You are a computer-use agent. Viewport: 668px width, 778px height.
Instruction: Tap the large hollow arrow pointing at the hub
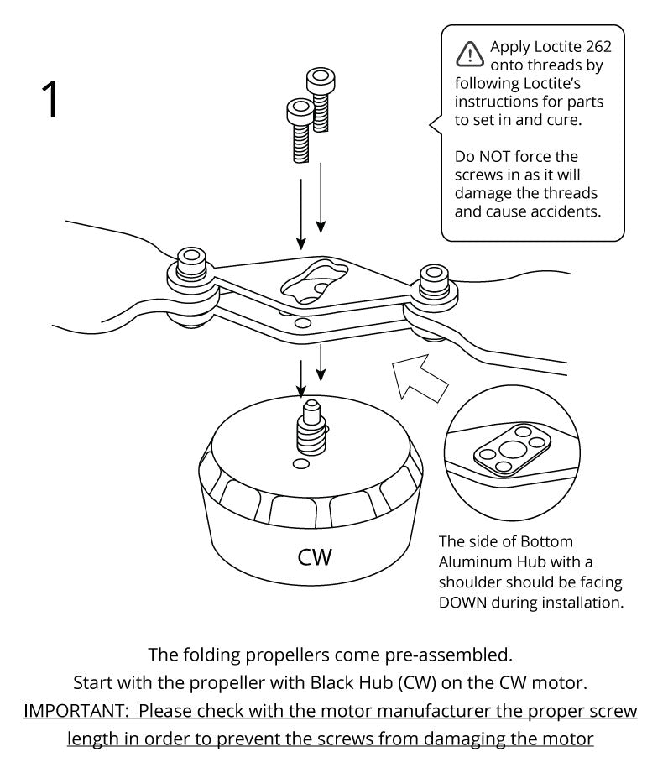423,379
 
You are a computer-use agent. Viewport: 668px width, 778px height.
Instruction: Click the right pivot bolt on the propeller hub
434,281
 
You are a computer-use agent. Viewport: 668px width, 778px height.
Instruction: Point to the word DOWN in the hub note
467,602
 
